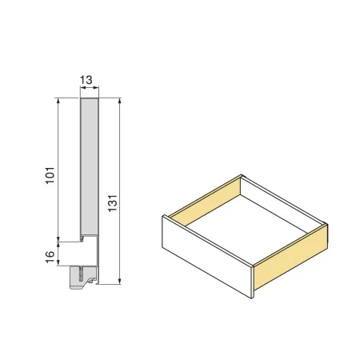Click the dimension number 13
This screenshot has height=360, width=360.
[x=90, y=80]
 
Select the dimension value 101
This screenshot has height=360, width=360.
[x=50, y=174]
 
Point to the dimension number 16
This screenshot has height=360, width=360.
[x=50, y=257]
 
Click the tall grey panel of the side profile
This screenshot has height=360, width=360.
[x=90, y=168]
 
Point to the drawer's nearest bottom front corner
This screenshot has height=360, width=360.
[x=253, y=298]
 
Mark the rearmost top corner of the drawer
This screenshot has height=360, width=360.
[x=241, y=175]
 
